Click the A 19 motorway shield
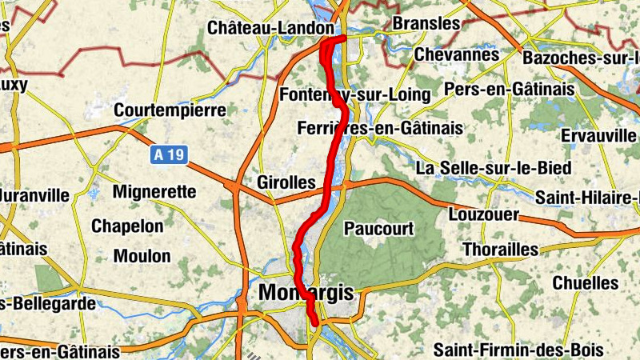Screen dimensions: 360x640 click(168, 155)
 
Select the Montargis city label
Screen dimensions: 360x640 click(306, 294)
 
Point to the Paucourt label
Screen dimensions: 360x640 click(378, 229)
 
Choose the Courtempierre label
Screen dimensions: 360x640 click(170, 110)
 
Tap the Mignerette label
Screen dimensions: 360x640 click(154, 192)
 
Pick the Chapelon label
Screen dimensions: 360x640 click(127, 226)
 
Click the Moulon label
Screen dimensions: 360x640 click(142, 257)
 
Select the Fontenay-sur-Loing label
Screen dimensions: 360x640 click(356, 95)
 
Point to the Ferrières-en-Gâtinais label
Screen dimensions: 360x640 click(379, 128)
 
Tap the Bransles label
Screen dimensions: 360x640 click(426, 24)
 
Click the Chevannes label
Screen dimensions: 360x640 click(456, 55)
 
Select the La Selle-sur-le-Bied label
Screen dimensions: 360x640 click(494, 168)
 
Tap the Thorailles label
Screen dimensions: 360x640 click(501, 250)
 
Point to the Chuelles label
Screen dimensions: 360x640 click(586, 282)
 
